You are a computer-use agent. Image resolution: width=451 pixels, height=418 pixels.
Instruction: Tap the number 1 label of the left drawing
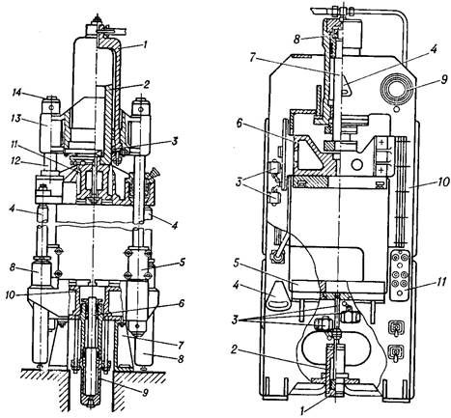coord(145,44)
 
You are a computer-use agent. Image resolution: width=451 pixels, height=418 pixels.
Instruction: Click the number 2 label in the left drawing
coord(146,85)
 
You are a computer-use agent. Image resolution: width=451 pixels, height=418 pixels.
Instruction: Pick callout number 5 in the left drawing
coord(182,263)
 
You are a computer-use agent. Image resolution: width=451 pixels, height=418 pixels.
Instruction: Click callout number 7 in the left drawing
coord(180,345)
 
